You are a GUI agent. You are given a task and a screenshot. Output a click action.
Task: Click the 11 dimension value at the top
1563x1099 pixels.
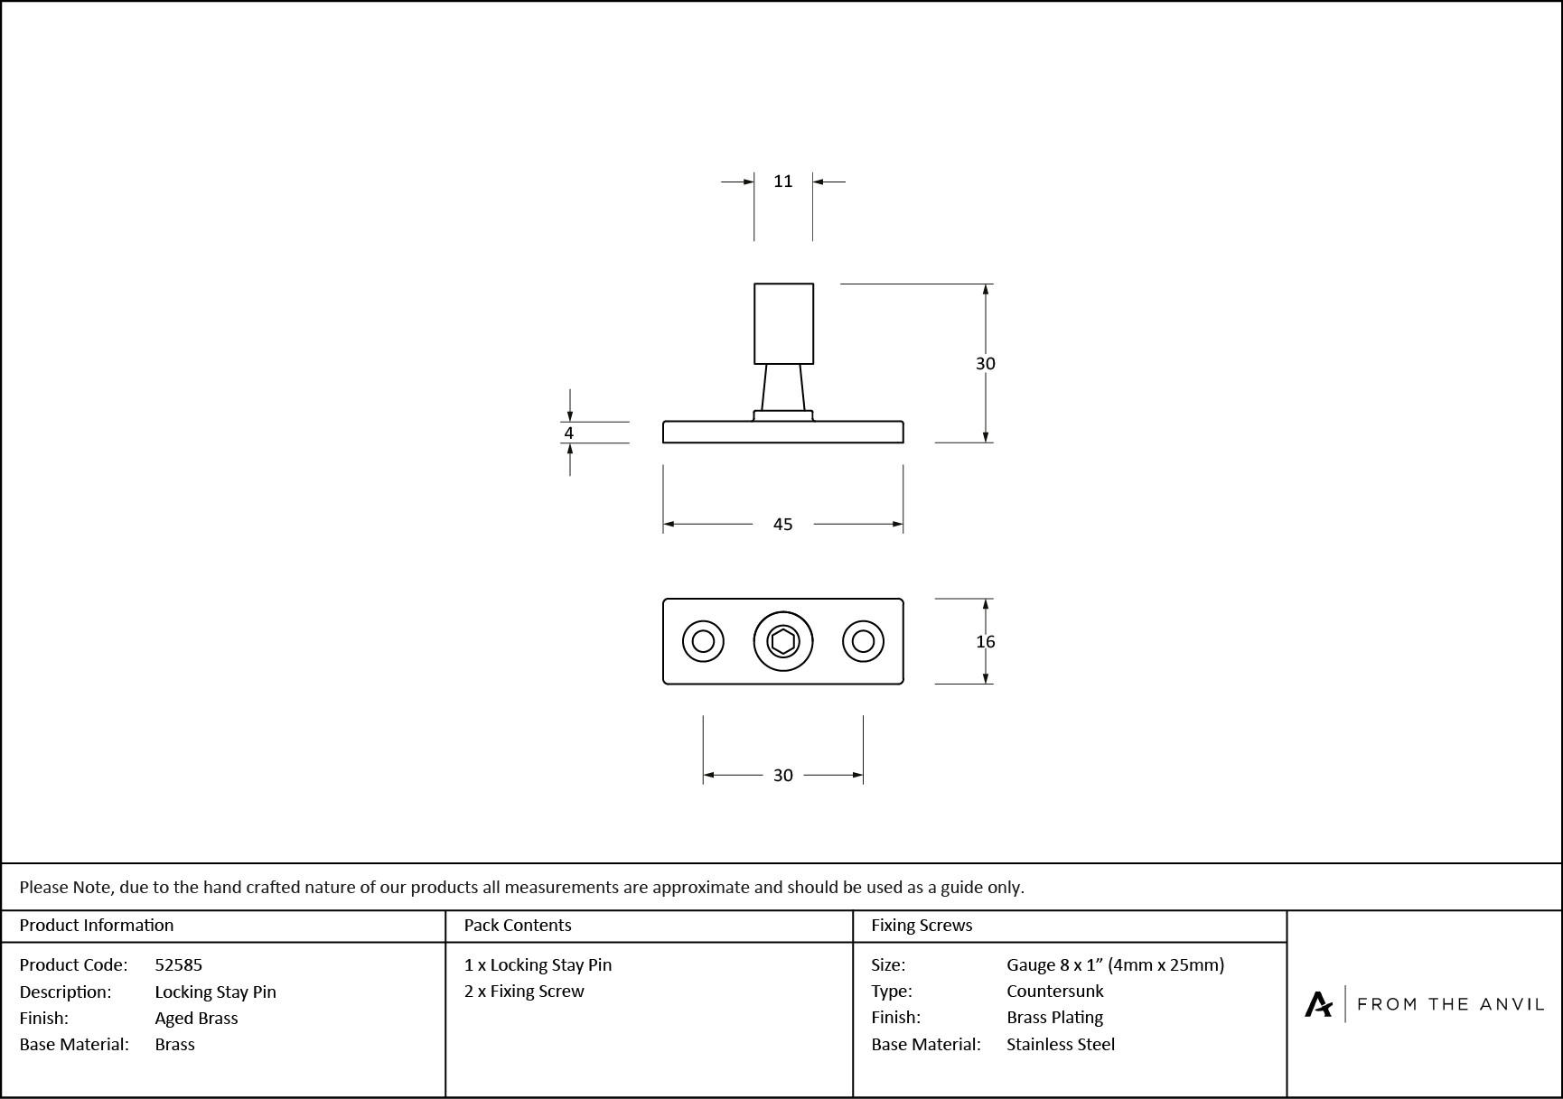pos(782,182)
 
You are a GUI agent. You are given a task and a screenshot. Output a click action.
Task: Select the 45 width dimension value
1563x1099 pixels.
pos(782,524)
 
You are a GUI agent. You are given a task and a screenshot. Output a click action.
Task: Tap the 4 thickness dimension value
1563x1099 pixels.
pos(568,433)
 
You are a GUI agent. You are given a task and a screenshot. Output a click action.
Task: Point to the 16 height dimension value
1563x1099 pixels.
pos(985,641)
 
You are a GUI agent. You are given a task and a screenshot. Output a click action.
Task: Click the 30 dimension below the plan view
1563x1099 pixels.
pos(782,775)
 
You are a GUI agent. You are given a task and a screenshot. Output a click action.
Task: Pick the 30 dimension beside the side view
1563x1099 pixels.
pos(985,363)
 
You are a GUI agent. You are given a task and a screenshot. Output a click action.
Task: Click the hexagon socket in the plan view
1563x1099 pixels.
pos(782,642)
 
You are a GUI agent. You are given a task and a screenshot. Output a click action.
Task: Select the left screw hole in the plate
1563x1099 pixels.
pos(703,642)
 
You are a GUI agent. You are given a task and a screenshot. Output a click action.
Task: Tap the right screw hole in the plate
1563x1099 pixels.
pos(863,642)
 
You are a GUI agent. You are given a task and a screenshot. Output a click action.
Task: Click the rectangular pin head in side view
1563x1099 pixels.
pos(783,323)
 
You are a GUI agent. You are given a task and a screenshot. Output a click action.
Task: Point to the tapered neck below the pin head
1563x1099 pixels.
pos(782,387)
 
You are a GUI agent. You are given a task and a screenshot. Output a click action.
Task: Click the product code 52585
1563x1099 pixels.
pos(178,964)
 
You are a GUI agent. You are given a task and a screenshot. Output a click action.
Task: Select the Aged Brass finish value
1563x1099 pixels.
pos(196,1018)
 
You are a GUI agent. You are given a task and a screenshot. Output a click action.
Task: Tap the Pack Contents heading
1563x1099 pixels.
pos(517,925)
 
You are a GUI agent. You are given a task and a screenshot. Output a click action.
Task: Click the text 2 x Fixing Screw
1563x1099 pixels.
pos(524,991)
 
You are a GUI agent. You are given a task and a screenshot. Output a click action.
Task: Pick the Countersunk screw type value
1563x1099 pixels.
pos(1054,991)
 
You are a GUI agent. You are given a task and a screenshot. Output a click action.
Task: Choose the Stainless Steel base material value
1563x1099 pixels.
pos(1060,1044)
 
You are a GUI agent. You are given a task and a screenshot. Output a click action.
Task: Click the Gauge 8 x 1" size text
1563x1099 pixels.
pos(1115,964)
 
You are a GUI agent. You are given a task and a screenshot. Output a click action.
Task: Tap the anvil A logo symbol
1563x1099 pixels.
pos(1318,1004)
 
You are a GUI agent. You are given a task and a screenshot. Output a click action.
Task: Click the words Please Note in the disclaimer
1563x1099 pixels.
pos(66,887)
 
